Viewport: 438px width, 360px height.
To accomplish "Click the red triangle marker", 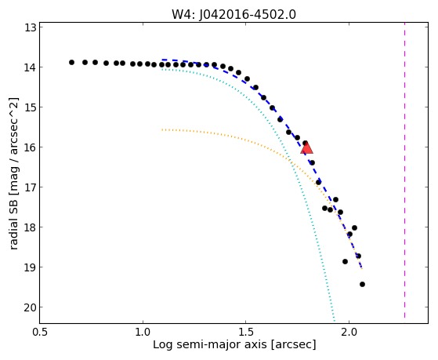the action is point(306,148).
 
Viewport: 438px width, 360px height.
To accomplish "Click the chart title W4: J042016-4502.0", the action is point(233,14).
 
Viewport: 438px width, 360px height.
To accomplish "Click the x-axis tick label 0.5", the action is point(40,333).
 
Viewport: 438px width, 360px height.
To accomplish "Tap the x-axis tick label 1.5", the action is point(245,333).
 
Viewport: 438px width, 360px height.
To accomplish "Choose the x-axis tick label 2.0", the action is point(349,333).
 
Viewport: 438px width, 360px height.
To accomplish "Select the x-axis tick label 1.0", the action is point(143,333).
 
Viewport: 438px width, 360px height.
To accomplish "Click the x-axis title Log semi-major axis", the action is point(210,345).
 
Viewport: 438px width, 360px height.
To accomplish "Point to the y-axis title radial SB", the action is point(13,223).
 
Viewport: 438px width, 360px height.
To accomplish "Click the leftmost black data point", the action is point(71,62).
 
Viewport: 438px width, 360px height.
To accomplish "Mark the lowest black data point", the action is point(362,284).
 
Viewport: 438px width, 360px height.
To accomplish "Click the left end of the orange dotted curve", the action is point(162,129).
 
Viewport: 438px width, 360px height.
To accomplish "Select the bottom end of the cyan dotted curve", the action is point(335,321).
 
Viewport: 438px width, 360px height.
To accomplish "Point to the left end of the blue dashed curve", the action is point(162,60).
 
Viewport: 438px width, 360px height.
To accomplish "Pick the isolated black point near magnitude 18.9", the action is point(345,261).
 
